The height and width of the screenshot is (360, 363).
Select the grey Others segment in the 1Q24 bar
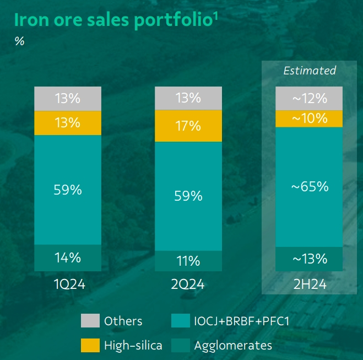(x=68, y=99)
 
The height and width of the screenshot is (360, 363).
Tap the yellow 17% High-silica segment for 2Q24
(x=188, y=126)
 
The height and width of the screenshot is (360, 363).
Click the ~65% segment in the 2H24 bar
(x=309, y=187)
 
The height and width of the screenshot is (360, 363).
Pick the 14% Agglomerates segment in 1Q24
(x=68, y=257)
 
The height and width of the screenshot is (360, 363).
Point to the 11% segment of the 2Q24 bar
(x=188, y=261)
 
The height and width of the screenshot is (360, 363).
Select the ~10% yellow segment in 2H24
(x=309, y=119)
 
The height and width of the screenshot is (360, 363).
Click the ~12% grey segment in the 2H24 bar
(x=309, y=99)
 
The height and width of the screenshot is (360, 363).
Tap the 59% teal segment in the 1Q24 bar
(x=68, y=190)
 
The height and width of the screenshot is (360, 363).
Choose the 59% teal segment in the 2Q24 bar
(x=188, y=196)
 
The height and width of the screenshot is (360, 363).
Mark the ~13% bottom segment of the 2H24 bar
(x=309, y=259)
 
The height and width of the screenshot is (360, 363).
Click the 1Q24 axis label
(x=68, y=284)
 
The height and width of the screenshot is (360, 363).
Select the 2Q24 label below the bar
(x=188, y=284)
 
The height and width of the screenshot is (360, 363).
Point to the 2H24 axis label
(x=309, y=284)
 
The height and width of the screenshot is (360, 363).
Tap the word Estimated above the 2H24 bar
(x=309, y=71)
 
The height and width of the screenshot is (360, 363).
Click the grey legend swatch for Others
(x=90, y=321)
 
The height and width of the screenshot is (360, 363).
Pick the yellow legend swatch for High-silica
(x=90, y=346)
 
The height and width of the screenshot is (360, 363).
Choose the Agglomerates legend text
(x=233, y=346)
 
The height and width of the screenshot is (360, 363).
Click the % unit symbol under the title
(x=19, y=41)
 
